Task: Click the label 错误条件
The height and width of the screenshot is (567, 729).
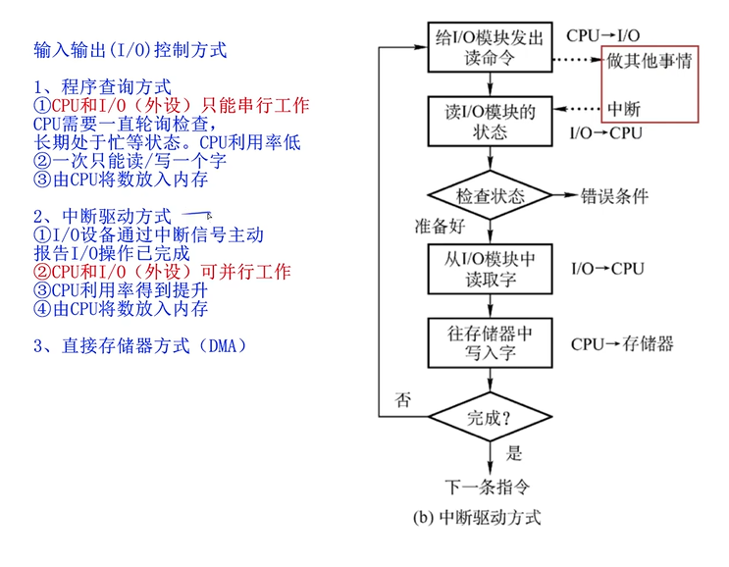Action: click(x=614, y=195)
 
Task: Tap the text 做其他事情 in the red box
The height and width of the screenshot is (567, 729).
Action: click(x=649, y=61)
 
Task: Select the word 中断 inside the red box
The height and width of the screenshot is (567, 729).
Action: click(x=624, y=108)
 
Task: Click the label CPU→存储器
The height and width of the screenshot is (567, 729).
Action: click(x=622, y=344)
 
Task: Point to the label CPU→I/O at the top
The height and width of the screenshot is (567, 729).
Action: click(x=602, y=35)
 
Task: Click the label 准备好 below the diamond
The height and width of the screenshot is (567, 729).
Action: click(x=439, y=228)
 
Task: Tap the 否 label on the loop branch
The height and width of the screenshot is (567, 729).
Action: click(x=402, y=399)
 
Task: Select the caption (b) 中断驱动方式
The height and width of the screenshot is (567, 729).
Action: click(x=478, y=517)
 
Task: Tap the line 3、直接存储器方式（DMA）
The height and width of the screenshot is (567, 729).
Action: click(x=138, y=345)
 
